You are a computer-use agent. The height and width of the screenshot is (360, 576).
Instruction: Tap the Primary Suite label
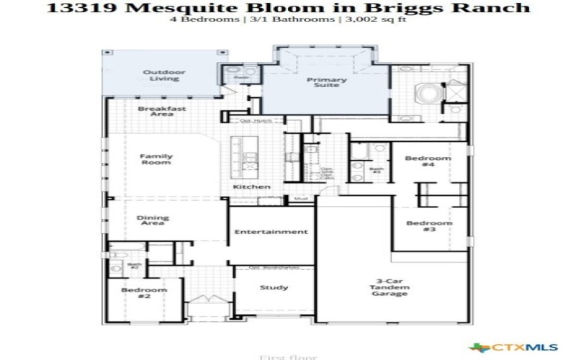pyautogui.click(x=327, y=84)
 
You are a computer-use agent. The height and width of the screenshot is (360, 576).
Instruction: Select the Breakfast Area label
pyautogui.click(x=152, y=112)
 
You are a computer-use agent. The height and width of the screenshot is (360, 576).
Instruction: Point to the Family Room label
pyautogui.click(x=156, y=159)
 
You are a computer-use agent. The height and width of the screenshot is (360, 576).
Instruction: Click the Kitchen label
pyautogui.click(x=251, y=187)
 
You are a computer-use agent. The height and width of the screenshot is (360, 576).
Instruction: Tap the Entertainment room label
pyautogui.click(x=272, y=232)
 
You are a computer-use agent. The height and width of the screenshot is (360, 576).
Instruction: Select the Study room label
pyautogui.click(x=274, y=287)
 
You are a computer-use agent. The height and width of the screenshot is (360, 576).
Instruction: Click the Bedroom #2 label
pyautogui.click(x=144, y=294)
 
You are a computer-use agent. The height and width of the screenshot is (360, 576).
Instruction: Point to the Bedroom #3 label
pyautogui.click(x=429, y=226)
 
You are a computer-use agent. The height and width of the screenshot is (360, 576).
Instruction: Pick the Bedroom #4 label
pyautogui.click(x=428, y=162)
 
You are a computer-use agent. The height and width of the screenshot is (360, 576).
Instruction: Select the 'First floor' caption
pyautogui.click(x=278, y=356)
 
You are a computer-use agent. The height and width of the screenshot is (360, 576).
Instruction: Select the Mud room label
pyautogui.click(x=301, y=197)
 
